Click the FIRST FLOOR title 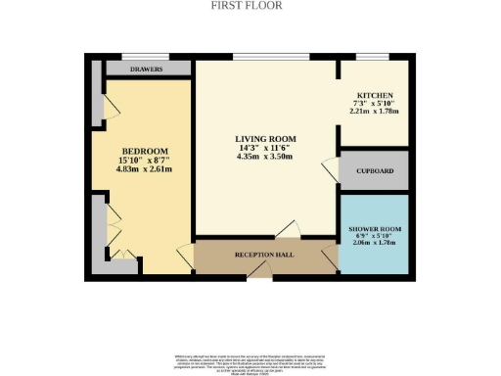coord(247,5)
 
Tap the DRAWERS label coord(147,70)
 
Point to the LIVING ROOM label coord(264,139)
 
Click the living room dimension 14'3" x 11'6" coord(264,149)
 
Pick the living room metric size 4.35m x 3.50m coord(264,159)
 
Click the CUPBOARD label coord(375,172)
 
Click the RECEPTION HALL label coord(264,256)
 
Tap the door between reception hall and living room coord(288,231)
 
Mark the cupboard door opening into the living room coord(331,168)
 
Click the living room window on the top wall coord(272,57)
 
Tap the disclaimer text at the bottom coord(250,360)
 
